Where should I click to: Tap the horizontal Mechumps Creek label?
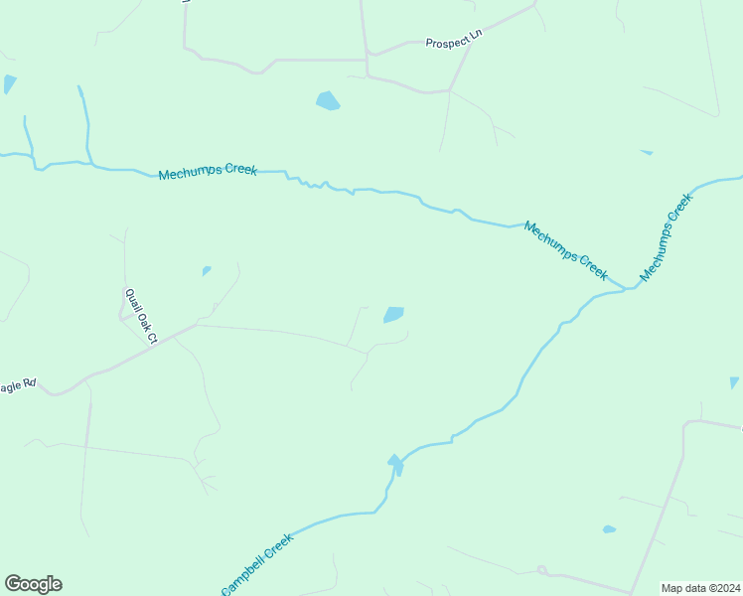(x=208, y=171)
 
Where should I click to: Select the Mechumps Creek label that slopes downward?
(x=565, y=249)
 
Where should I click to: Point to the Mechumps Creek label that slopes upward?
(x=666, y=237)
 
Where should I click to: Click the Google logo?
(x=33, y=584)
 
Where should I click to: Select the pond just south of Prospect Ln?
(x=327, y=100)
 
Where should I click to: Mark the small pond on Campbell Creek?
(x=395, y=464)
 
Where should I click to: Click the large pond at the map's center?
(x=393, y=315)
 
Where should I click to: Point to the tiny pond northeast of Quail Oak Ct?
(x=207, y=270)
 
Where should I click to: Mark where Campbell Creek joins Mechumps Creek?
(x=628, y=288)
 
